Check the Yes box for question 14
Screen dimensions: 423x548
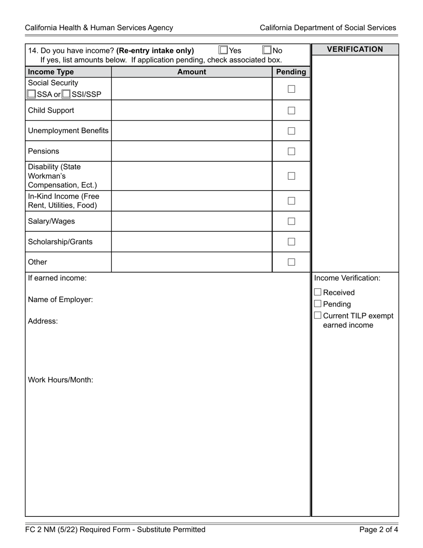(224, 50)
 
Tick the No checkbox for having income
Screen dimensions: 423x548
(267, 50)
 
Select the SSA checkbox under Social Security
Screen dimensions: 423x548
(31, 94)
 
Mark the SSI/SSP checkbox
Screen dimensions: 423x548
(66, 94)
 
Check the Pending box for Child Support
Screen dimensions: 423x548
(291, 110)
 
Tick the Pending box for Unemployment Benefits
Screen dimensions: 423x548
(291, 131)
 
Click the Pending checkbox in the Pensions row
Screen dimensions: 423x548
(291, 151)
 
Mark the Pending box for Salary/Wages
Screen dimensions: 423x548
(291, 221)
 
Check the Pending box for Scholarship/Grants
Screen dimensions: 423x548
(291, 242)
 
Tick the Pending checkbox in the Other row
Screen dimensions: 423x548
(291, 262)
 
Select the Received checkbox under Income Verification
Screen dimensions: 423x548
(317, 292)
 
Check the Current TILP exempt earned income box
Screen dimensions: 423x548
(317, 315)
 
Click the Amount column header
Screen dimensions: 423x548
(191, 72)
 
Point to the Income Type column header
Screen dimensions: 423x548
(51, 72)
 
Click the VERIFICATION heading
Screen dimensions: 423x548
(355, 49)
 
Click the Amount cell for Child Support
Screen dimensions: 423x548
(191, 110)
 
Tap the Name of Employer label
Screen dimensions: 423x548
(61, 300)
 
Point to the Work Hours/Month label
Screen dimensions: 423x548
(61, 380)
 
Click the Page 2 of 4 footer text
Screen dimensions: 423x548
(378, 530)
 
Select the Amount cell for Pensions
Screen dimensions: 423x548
(191, 151)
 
